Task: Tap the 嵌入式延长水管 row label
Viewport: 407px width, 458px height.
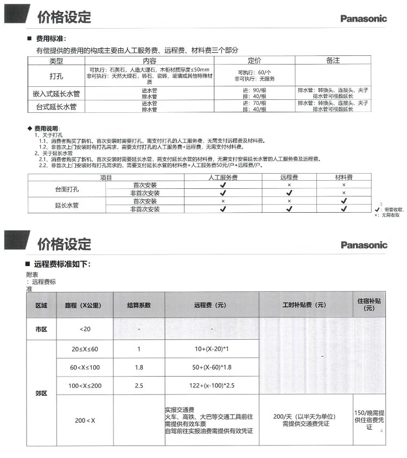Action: click(56, 93)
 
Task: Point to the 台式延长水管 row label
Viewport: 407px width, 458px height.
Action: click(56, 107)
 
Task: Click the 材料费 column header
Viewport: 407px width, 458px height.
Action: click(343, 177)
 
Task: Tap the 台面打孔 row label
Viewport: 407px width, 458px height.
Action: click(70, 189)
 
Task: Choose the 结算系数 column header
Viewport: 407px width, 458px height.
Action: click(139, 305)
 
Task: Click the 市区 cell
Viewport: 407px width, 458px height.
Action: click(41, 328)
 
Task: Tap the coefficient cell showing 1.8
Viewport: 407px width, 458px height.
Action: click(139, 367)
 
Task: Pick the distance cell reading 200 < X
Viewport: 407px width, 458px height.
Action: click(86, 420)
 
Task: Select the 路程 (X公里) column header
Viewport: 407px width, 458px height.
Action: click(86, 305)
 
